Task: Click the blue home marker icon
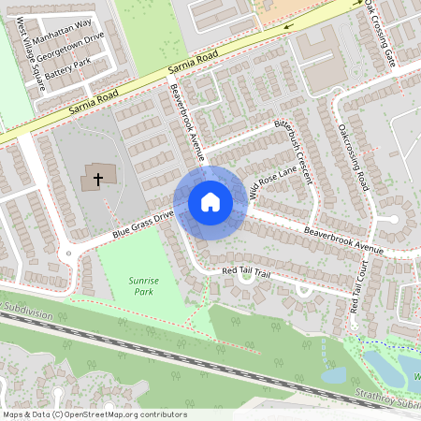pos(210,201)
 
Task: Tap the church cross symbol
pos(96,177)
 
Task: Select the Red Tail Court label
pos(358,288)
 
